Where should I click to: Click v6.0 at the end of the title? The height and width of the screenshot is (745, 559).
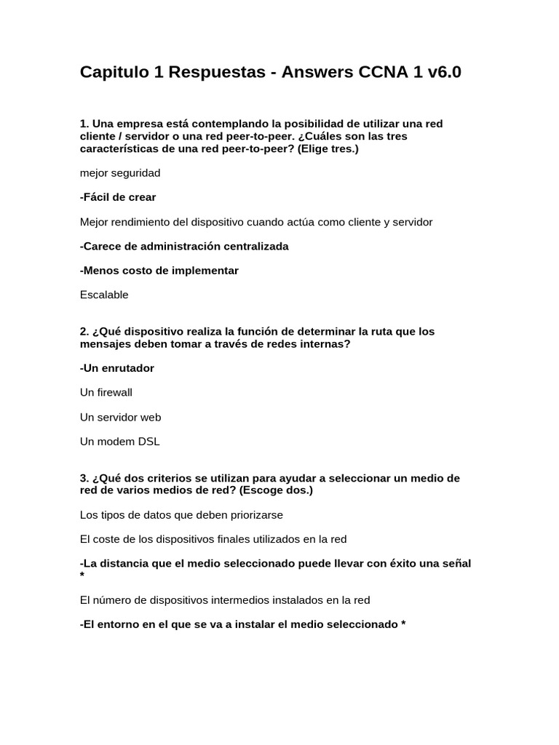440,73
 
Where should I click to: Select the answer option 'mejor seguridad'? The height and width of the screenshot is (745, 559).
120,173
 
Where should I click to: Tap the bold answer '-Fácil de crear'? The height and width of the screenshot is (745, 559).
118,197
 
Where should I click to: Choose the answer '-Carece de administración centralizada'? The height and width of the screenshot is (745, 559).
184,246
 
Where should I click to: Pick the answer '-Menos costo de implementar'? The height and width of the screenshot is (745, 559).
159,271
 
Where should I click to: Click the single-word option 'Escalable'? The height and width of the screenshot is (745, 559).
104,295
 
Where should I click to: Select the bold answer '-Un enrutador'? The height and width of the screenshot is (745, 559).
117,368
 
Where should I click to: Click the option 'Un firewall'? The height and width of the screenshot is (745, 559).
106,393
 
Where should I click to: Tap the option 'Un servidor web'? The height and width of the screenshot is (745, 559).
121,417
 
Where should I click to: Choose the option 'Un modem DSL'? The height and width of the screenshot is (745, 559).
119,442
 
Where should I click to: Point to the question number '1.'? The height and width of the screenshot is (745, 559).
84,124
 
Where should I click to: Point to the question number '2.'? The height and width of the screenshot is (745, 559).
84,332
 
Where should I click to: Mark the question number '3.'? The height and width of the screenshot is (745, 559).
84,479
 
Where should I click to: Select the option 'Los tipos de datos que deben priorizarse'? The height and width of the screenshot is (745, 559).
181,515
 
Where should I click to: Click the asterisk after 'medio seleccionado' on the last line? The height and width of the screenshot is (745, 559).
403,625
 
